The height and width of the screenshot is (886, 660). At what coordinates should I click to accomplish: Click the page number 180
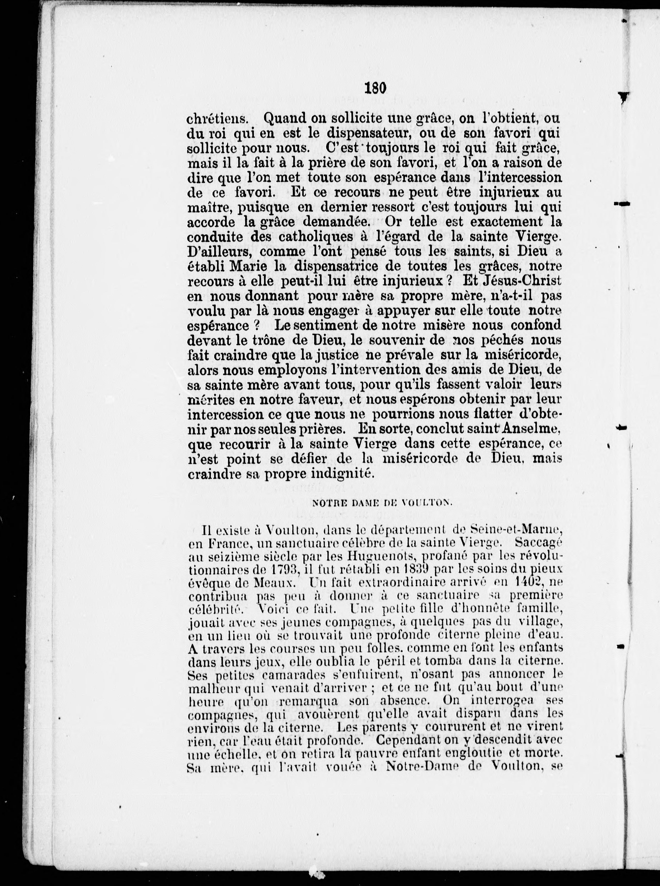[x=375, y=88]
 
